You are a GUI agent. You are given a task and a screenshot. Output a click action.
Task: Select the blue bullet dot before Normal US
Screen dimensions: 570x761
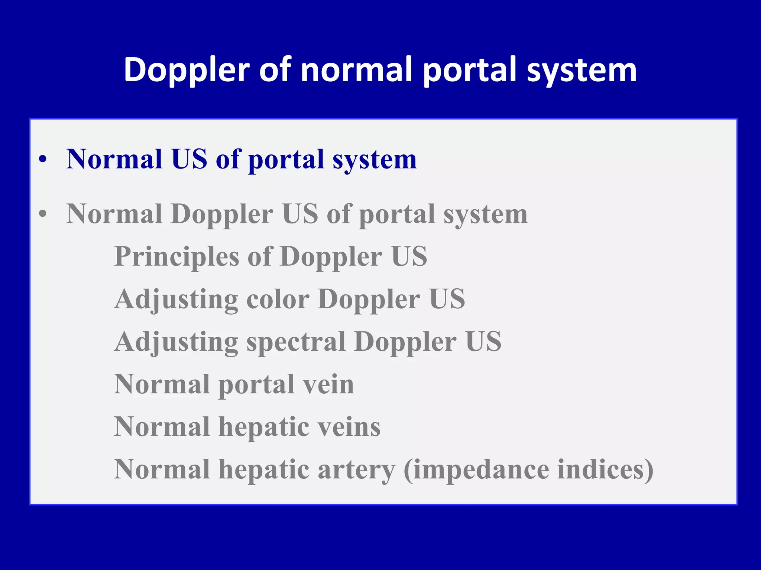(x=43, y=160)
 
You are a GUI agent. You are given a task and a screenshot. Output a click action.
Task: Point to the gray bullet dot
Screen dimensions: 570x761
(x=43, y=214)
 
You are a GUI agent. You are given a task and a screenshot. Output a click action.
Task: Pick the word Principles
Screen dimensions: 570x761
(x=177, y=257)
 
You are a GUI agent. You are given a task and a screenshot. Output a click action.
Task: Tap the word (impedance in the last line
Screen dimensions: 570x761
(x=476, y=469)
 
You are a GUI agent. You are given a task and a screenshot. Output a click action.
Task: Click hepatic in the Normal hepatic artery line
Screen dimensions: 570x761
(x=263, y=470)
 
